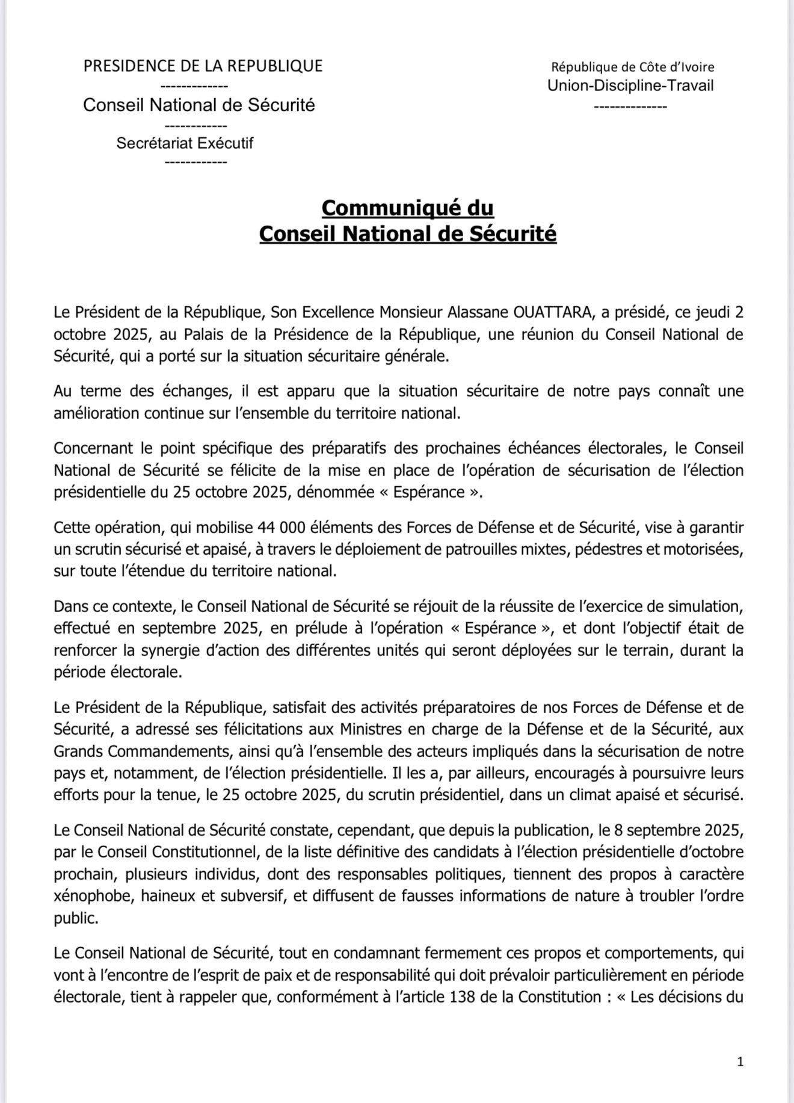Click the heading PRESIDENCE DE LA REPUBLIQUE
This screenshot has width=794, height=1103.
click(x=203, y=66)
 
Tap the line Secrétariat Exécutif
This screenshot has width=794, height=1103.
click(x=185, y=143)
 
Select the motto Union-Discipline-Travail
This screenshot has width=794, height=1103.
click(x=630, y=85)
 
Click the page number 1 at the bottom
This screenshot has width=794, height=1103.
click(x=740, y=1062)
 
